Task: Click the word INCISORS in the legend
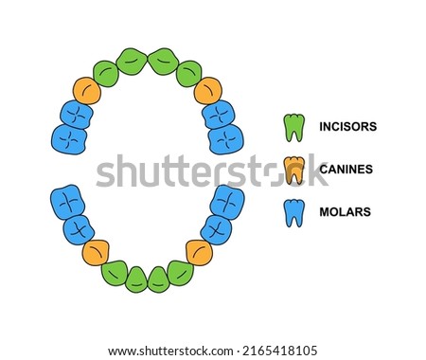[x=348, y=127]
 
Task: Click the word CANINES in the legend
[x=346, y=170]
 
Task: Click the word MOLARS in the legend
[x=346, y=211]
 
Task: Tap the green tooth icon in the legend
[x=294, y=128]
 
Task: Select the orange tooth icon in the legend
[x=294, y=171]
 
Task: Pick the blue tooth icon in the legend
[x=294, y=213]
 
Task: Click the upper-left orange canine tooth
[x=87, y=91]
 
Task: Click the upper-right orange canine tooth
[x=208, y=91]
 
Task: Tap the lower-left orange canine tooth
[x=96, y=252]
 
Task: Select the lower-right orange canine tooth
[x=199, y=252]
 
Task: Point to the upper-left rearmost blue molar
[x=69, y=139]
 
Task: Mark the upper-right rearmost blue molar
[x=226, y=139]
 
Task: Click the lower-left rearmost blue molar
[x=68, y=202]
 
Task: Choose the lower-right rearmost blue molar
[x=227, y=202]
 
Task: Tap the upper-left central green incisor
[x=132, y=62]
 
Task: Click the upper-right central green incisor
[x=164, y=62]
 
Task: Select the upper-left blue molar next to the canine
[x=77, y=115]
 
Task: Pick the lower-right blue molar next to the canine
[x=216, y=230]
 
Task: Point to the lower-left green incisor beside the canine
[x=115, y=273]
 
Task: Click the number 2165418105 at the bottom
[x=279, y=351]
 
